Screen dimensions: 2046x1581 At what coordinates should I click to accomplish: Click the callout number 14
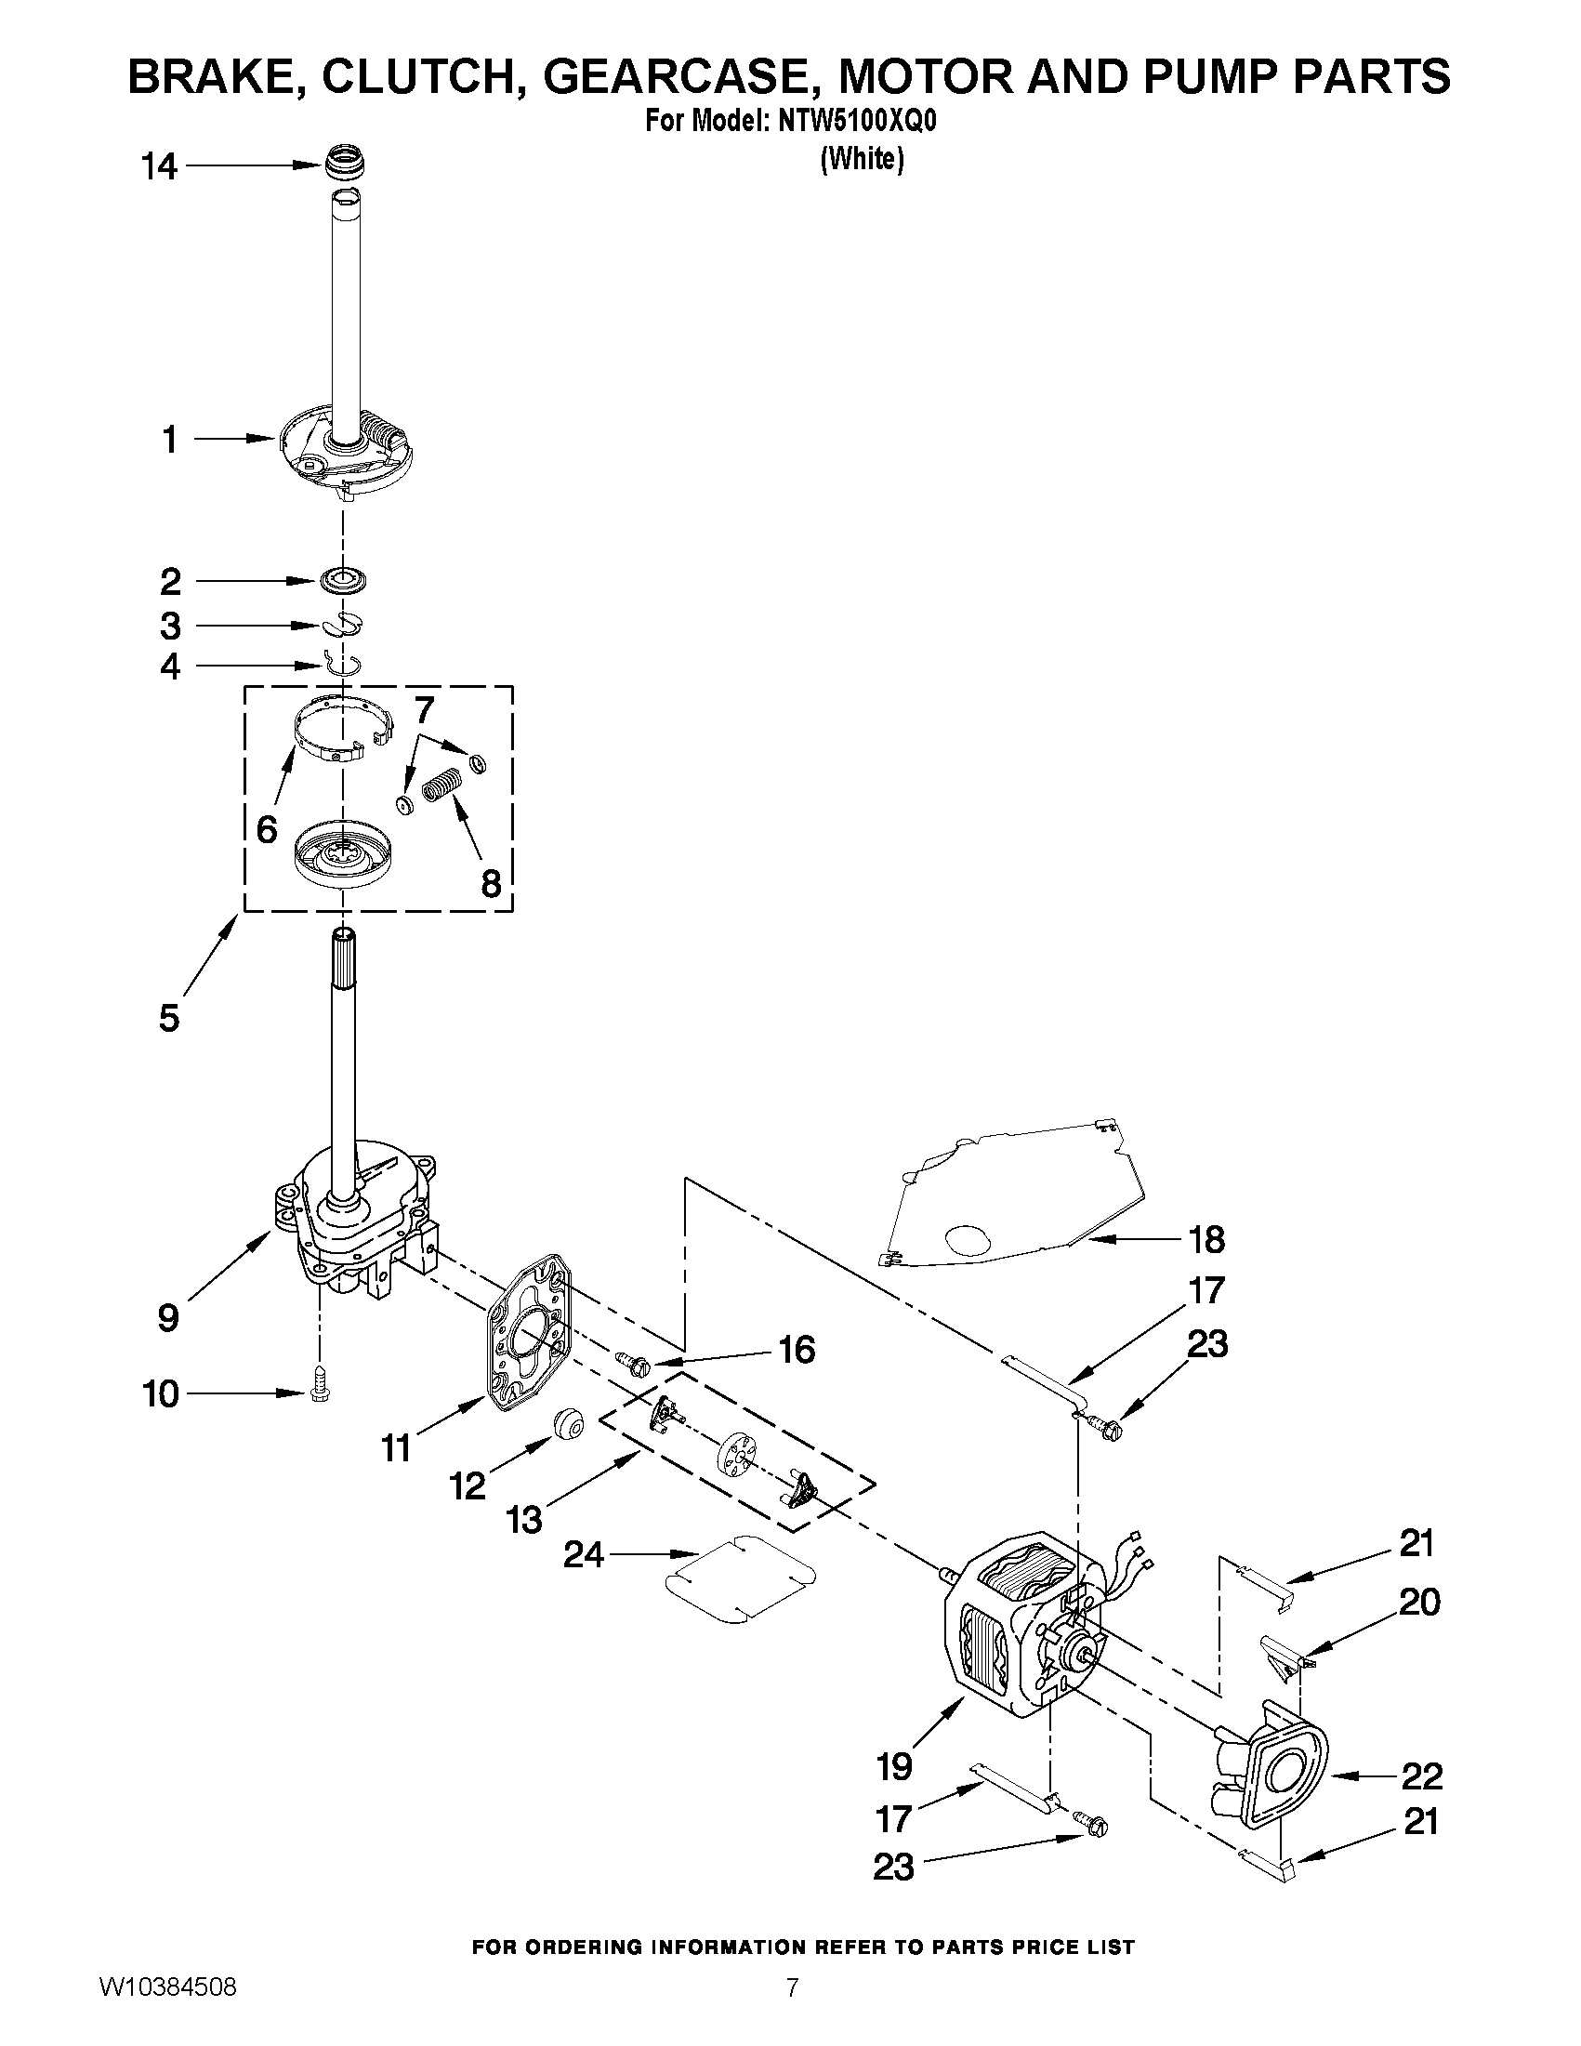pyautogui.click(x=158, y=166)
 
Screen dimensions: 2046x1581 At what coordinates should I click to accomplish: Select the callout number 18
pyautogui.click(x=1206, y=1239)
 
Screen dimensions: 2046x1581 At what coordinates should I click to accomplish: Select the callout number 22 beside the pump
pyautogui.click(x=1421, y=1775)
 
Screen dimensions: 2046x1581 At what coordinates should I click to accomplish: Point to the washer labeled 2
pyautogui.click(x=343, y=581)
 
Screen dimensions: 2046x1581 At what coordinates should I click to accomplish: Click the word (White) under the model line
pyautogui.click(x=862, y=160)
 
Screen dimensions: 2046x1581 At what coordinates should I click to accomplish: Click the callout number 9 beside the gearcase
pyautogui.click(x=167, y=1318)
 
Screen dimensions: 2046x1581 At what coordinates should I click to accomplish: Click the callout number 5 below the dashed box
pyautogui.click(x=168, y=1017)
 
